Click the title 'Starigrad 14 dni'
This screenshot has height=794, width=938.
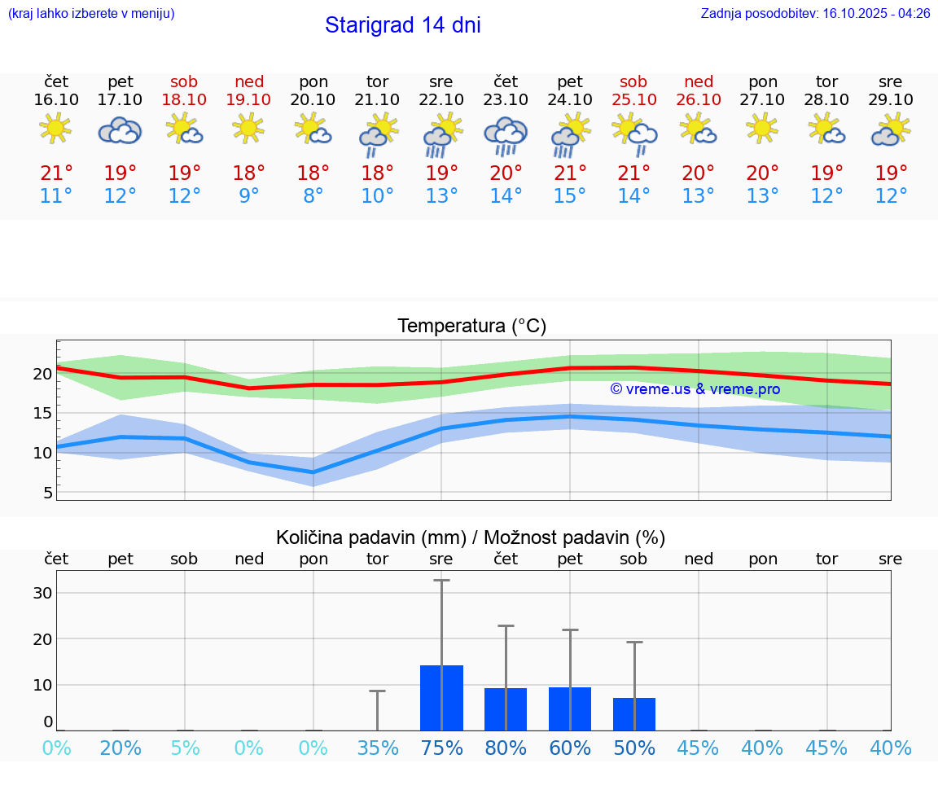click(402, 25)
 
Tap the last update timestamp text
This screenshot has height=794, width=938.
click(815, 14)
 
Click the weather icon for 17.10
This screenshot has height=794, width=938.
click(121, 130)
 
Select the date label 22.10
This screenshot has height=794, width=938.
click(441, 99)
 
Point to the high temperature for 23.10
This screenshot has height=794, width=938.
click(506, 173)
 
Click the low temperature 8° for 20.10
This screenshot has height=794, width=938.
click(313, 196)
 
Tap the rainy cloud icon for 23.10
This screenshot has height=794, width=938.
click(506, 134)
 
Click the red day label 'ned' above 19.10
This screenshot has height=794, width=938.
click(249, 81)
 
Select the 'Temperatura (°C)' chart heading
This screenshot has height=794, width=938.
click(471, 327)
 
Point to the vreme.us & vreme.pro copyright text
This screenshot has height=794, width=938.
click(695, 389)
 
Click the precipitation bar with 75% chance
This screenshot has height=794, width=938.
click(441, 698)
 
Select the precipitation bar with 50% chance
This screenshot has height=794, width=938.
click(634, 714)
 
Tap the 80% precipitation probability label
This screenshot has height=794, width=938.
click(506, 748)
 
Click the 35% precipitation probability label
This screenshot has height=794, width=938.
click(378, 748)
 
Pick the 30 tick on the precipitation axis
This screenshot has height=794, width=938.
click(42, 593)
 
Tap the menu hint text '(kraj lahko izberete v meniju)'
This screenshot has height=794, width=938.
click(91, 14)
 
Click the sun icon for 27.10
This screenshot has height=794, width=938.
click(762, 128)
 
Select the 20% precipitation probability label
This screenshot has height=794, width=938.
click(121, 748)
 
